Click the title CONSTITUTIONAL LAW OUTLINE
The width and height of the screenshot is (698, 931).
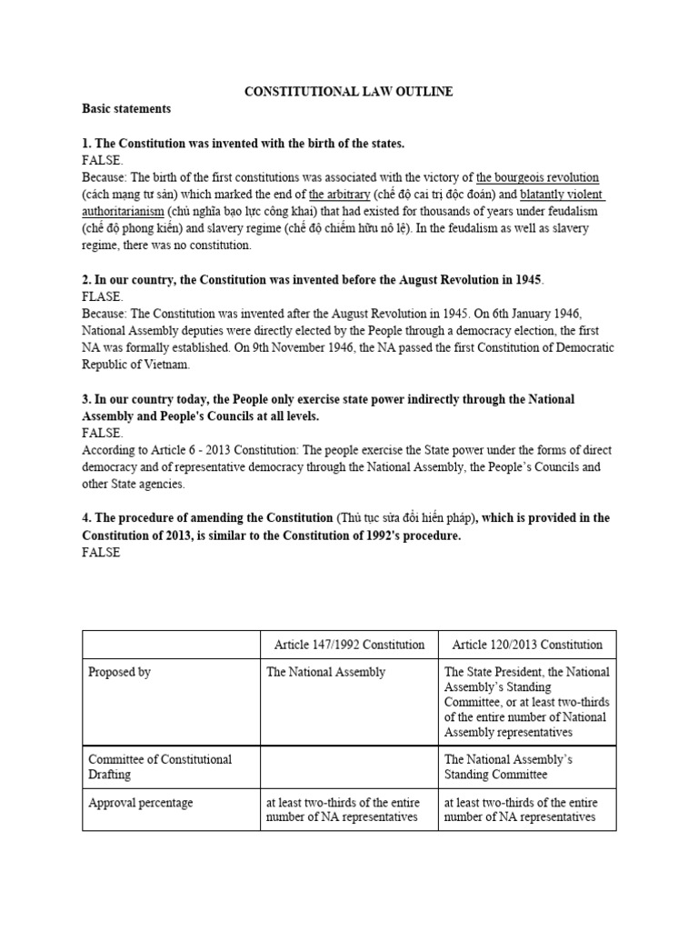tap(349, 92)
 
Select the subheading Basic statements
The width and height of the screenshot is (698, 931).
tap(126, 109)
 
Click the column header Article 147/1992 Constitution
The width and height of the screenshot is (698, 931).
tap(349, 645)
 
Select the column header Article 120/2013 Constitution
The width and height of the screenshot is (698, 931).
tap(527, 645)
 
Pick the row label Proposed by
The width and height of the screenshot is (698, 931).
tap(119, 673)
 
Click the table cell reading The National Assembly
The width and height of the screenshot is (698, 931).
tap(325, 673)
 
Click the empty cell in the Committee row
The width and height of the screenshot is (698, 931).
tap(349, 766)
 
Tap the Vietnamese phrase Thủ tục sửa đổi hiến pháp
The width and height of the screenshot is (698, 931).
tap(405, 518)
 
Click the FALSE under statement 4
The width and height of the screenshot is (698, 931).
tap(101, 553)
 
